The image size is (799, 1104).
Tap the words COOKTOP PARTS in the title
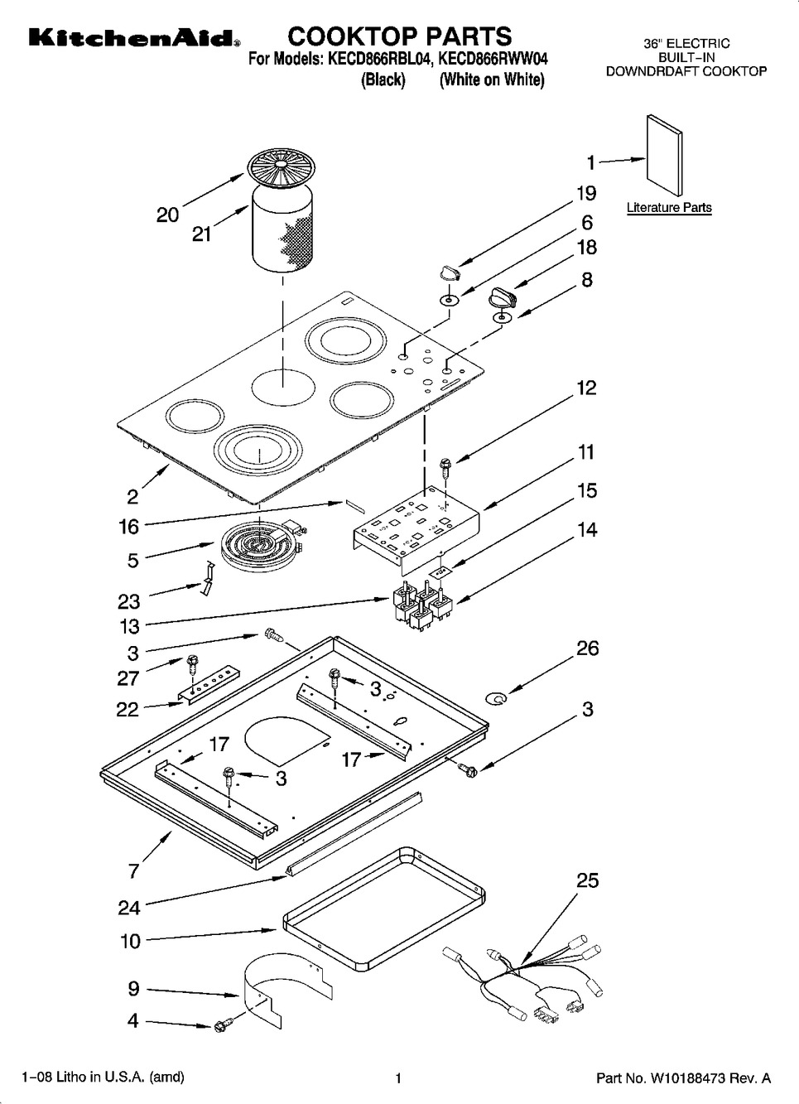[399, 36]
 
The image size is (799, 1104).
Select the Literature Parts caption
[669, 208]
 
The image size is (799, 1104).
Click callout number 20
[167, 215]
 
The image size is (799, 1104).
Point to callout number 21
[201, 234]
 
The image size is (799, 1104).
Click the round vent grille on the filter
[280, 167]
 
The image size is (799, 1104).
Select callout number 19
[587, 193]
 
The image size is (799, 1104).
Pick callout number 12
[586, 388]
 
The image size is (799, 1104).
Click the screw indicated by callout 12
[445, 468]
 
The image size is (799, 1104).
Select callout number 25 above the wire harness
[588, 880]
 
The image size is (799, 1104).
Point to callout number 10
[131, 942]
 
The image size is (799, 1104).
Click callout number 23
[129, 601]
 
